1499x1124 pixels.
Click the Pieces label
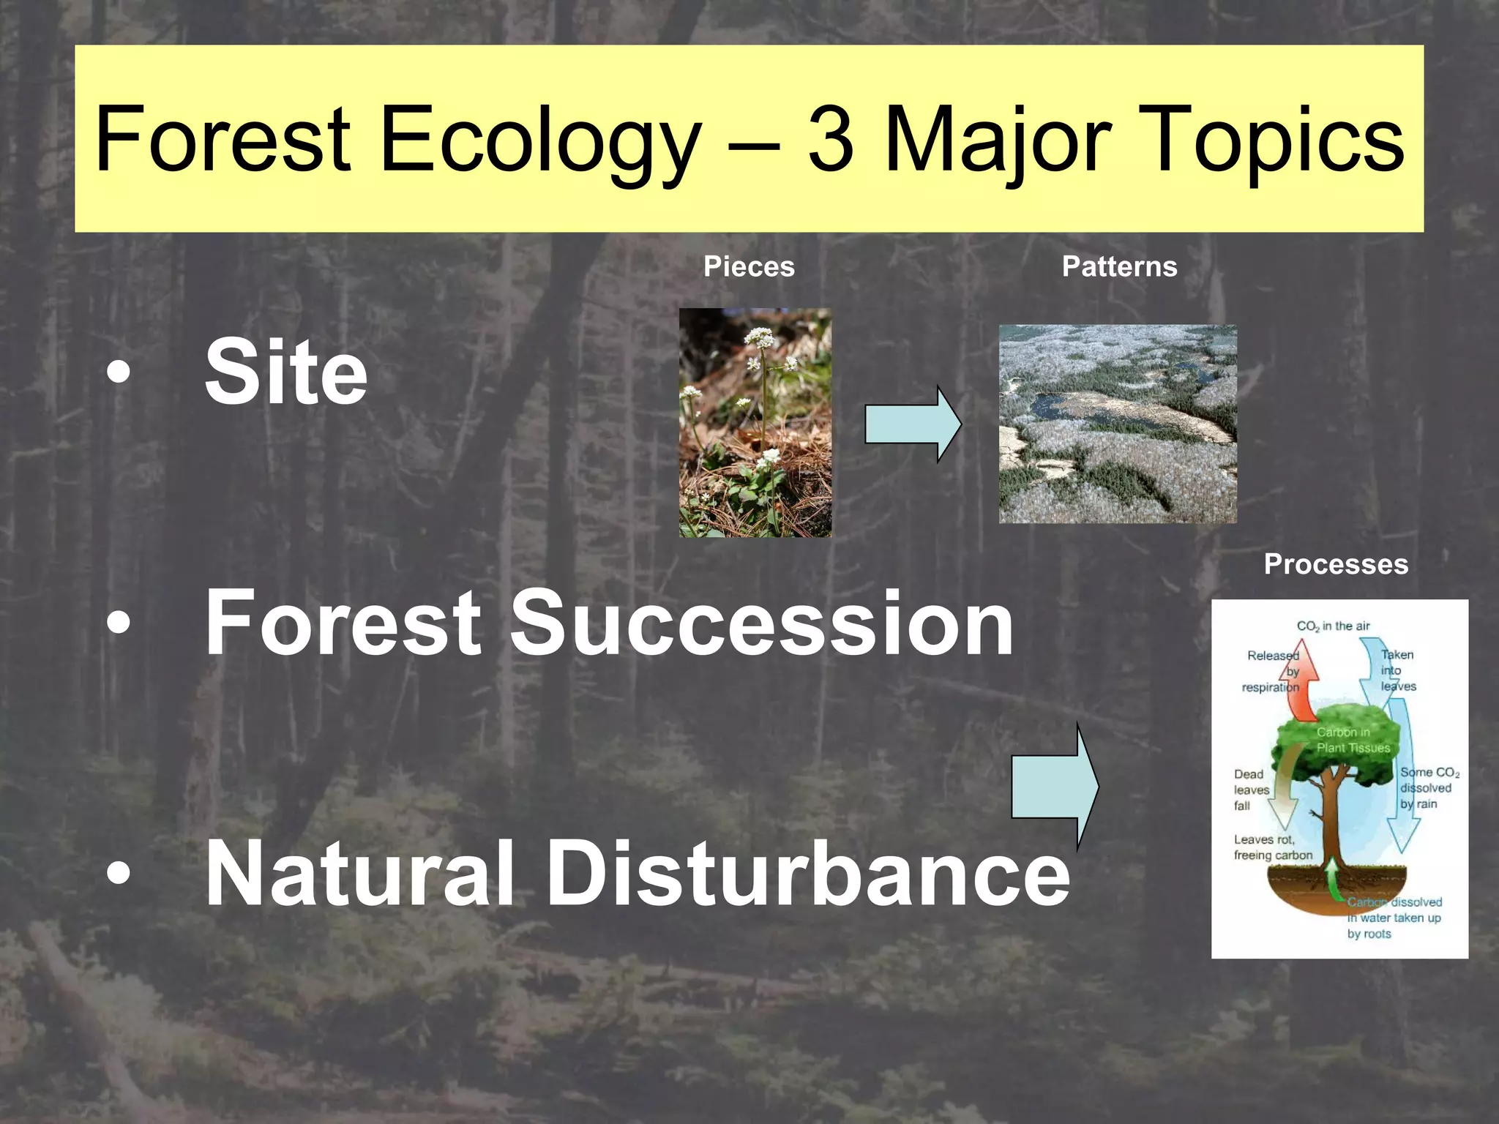pos(749,266)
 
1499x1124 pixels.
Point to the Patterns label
pos(1119,266)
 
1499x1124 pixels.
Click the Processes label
pos(1336,564)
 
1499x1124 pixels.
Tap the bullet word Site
pos(285,372)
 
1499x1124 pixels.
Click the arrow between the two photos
pos(912,424)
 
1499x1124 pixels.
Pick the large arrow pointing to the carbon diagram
pos(1054,786)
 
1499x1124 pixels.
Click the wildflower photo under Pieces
pos(755,423)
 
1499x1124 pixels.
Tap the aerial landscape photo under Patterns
pos(1118,424)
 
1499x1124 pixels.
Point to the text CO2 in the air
pos(1333,626)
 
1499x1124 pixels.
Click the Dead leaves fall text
pos(1251,790)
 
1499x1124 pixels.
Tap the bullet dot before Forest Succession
pos(118,623)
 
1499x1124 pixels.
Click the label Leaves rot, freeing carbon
pos(1273,847)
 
